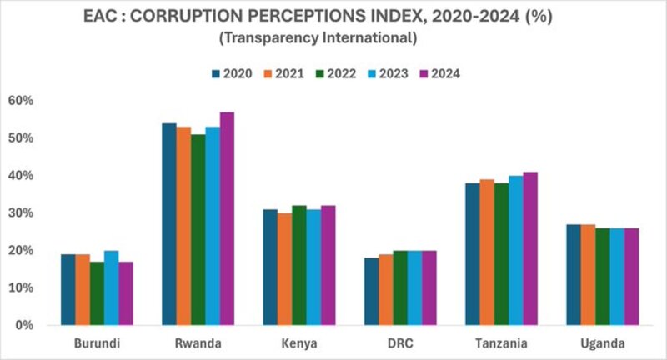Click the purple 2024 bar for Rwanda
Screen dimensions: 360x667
coord(227,218)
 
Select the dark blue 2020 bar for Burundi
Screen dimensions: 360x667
coord(68,289)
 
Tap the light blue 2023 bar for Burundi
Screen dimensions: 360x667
coord(111,287)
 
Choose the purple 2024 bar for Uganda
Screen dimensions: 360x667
coord(631,276)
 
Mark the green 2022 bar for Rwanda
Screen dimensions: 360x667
coord(198,229)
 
